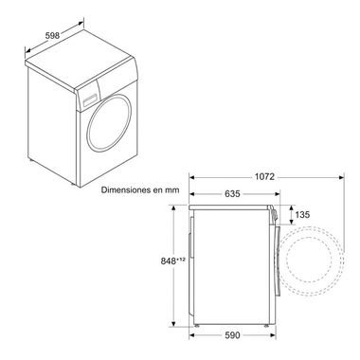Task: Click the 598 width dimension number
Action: (55, 35)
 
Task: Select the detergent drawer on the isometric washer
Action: (91, 96)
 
